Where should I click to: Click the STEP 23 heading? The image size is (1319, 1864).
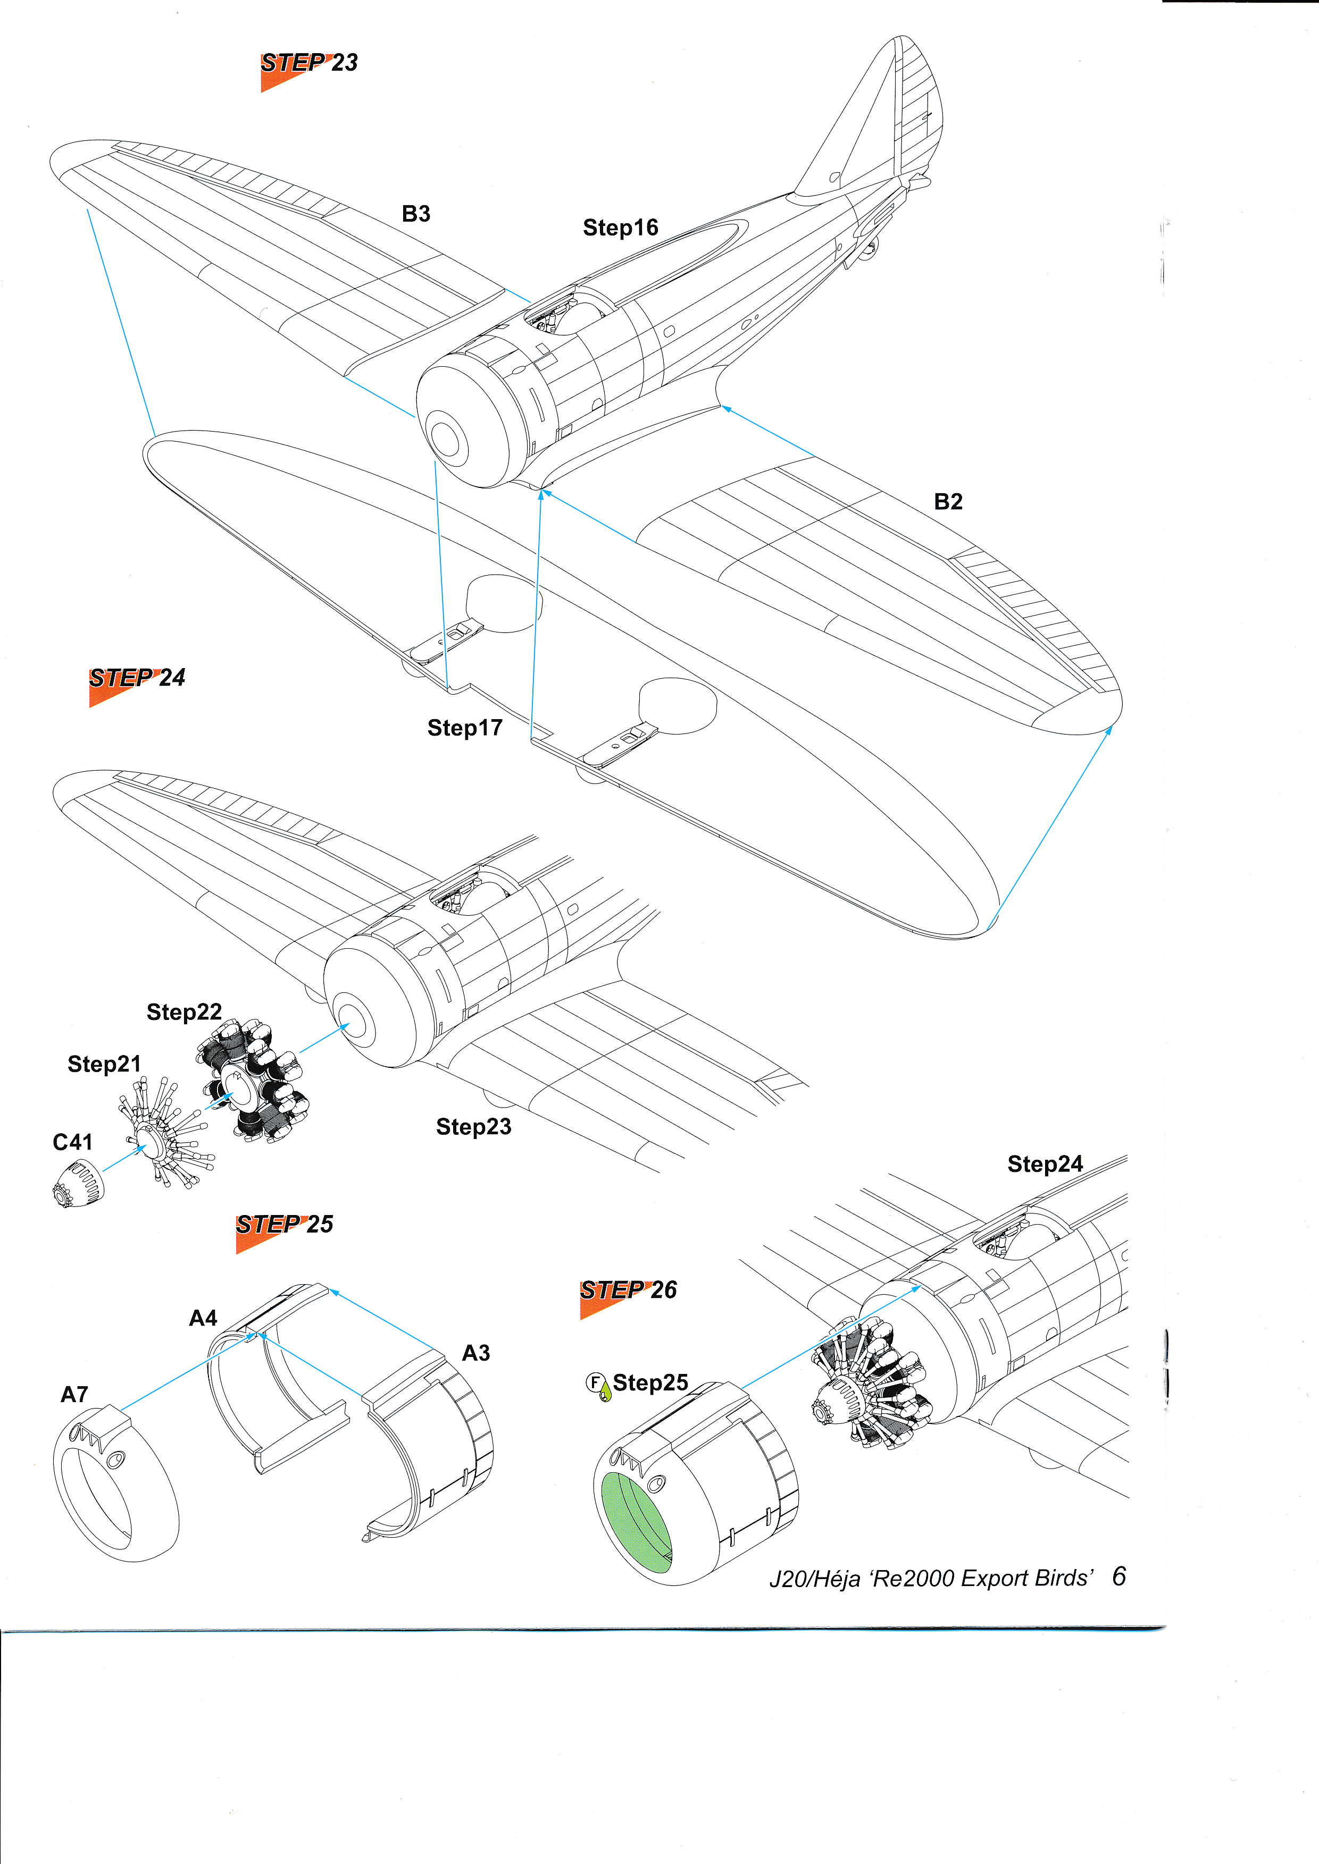308,63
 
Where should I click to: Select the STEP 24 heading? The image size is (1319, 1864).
137,678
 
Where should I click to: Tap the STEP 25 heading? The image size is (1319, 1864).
284,1224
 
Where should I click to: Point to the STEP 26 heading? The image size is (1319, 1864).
628,1290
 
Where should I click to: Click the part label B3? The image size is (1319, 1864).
416,214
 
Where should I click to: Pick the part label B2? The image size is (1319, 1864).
948,502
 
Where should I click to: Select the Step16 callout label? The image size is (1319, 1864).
621,228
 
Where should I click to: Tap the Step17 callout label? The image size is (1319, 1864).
464,728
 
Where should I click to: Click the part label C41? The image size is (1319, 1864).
72,1142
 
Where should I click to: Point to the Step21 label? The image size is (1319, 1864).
104,1064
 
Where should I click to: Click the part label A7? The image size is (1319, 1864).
74,1395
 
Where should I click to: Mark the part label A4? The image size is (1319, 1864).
203,1319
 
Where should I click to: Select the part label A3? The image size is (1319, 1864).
476,1353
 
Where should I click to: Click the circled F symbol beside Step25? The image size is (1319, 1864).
595,1382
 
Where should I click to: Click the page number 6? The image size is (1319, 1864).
1119,1576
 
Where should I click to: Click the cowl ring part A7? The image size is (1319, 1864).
116,1484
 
